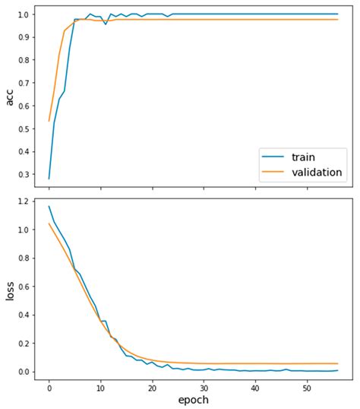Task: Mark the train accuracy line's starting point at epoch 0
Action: coord(49,179)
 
